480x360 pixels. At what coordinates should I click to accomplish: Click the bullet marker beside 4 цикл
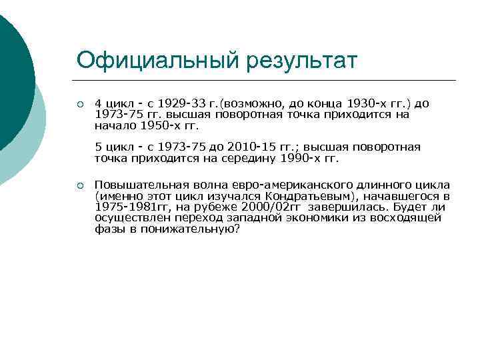point(80,105)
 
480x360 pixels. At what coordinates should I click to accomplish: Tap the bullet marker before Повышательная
point(80,185)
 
